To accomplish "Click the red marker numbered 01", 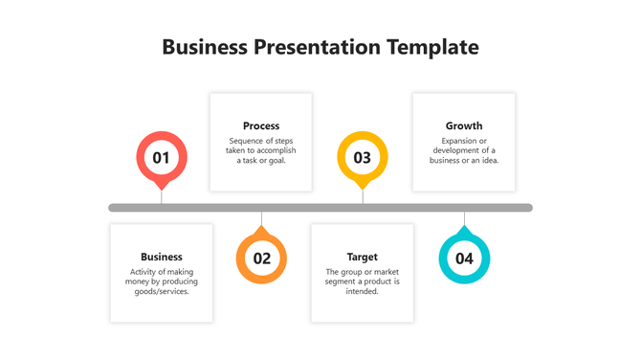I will [162, 158].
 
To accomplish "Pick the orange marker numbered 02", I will [261, 258].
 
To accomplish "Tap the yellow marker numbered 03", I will [363, 158].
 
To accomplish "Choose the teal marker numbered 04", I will [464, 258].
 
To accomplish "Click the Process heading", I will [261, 125].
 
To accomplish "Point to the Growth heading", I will [464, 125].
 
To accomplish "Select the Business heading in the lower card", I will [162, 257].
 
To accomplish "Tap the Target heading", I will [363, 257].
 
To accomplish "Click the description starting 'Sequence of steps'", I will [261, 150].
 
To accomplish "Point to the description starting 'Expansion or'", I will [464, 150].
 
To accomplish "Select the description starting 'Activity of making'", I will [162, 281].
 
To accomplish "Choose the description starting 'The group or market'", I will [363, 281].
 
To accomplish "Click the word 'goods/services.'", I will [162, 291].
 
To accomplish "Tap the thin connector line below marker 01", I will [162, 196].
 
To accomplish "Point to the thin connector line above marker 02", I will [261, 219].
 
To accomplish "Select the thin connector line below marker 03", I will [363, 196].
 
